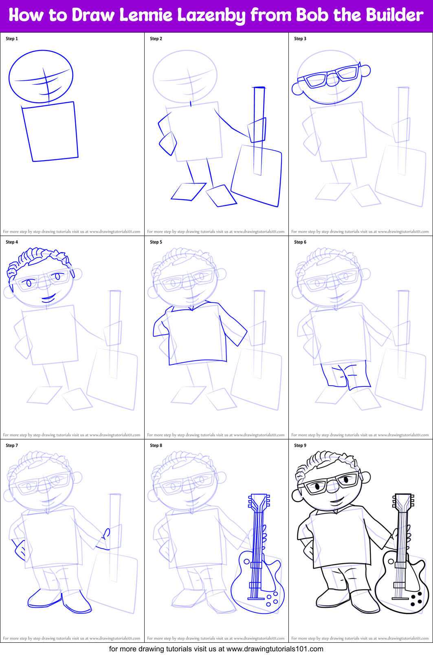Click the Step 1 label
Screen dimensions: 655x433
12,39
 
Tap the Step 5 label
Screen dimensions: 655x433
156,242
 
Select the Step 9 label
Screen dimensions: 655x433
300,445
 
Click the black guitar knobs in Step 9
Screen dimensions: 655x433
416,599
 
